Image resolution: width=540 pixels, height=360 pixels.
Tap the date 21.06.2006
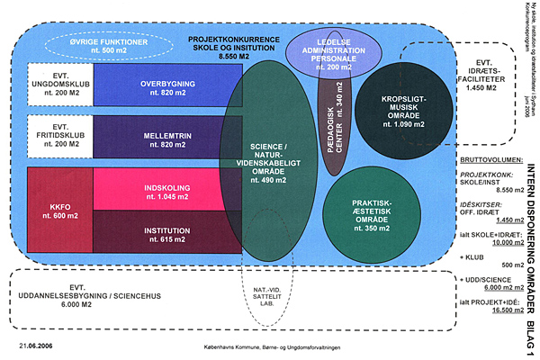33,345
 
